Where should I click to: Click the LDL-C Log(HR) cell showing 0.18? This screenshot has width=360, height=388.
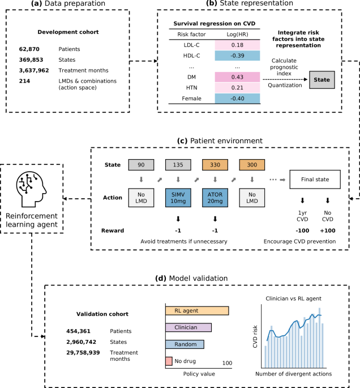(x=237, y=44)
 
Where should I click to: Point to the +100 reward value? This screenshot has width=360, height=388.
(x=328, y=231)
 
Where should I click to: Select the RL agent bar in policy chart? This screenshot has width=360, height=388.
(x=197, y=310)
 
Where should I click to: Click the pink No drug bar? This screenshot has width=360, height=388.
(x=169, y=361)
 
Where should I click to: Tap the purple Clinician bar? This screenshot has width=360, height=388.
(x=188, y=327)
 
